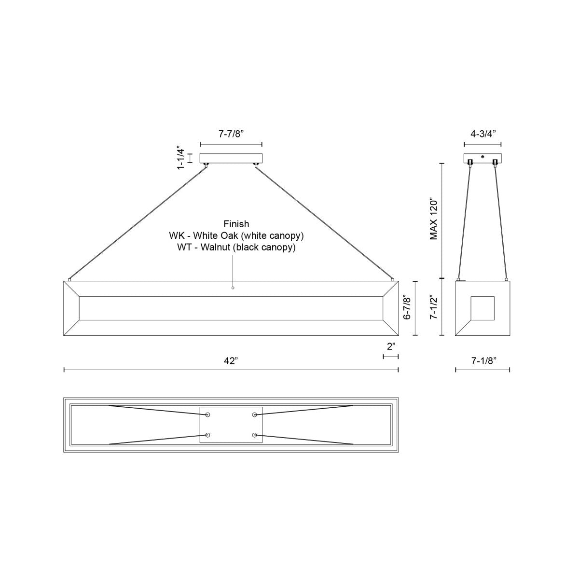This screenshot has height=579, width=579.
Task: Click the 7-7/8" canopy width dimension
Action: point(231,134)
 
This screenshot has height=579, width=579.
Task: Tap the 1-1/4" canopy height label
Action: point(181,157)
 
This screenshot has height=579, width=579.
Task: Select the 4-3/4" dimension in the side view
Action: point(482,134)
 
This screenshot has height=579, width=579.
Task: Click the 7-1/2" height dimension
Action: point(434,308)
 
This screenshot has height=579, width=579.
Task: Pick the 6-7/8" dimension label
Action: point(408,308)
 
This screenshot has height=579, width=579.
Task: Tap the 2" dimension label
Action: point(391,346)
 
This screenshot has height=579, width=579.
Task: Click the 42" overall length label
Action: point(231,360)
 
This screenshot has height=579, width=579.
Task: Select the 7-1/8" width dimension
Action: point(482,360)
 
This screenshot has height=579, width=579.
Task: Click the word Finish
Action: point(236,224)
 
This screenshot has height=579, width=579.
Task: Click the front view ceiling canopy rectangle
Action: point(231,158)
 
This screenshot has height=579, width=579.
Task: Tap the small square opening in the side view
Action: point(482,308)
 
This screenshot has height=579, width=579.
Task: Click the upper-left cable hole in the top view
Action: point(208,415)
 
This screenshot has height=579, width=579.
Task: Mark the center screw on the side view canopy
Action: point(482,156)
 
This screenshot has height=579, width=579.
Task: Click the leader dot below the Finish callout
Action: point(233,288)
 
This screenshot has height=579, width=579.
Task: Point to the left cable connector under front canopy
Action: point(206,165)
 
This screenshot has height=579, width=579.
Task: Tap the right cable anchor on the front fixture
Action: point(393,279)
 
